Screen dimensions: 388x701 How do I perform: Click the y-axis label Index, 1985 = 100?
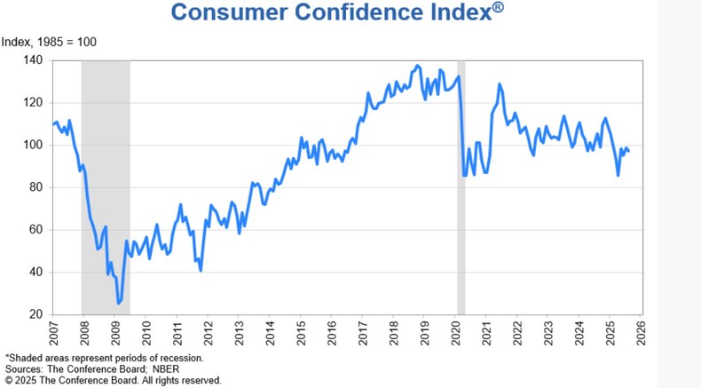pyautogui.click(x=50, y=42)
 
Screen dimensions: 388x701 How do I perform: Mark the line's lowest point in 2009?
pyautogui.click(x=118, y=304)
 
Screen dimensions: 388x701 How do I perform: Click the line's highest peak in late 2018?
pyautogui.click(x=418, y=66)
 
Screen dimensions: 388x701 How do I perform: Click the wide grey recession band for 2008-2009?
pyautogui.click(x=105, y=178)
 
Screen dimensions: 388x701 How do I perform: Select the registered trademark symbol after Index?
pyautogui.click(x=500, y=7)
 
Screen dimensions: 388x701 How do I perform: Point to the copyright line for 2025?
pyautogui.click(x=113, y=380)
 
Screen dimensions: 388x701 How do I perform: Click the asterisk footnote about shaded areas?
pyautogui.click(x=104, y=358)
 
